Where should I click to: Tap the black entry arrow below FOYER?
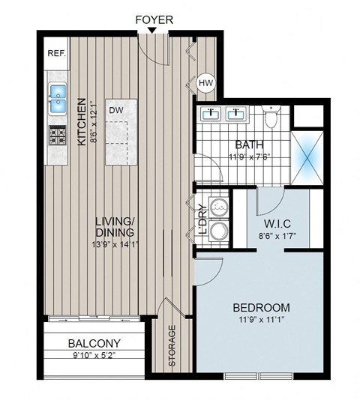[x=153, y=30]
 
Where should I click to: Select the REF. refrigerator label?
[x=57, y=53]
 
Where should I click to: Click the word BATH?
[x=247, y=144]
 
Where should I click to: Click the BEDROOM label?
[x=260, y=308]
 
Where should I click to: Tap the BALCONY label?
[x=94, y=344]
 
